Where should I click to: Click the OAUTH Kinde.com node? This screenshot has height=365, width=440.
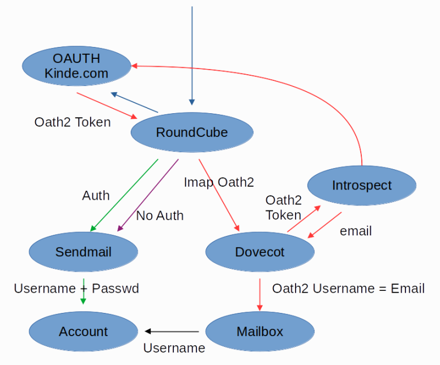(76, 66)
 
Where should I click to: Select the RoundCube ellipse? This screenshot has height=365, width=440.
(191, 132)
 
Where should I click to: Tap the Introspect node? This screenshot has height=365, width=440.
(362, 185)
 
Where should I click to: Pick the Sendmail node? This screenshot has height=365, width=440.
(83, 252)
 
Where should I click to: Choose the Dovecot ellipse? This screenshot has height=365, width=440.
(260, 252)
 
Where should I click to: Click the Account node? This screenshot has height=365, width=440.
(83, 332)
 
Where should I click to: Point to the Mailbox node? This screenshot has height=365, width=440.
(260, 332)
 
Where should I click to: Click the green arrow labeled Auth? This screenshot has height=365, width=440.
(125, 195)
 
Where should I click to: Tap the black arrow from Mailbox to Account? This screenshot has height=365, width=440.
(172, 332)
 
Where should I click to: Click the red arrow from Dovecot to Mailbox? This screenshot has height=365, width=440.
(260, 293)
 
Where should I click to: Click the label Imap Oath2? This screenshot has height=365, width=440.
(219, 182)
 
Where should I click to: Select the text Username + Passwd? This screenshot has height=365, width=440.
(76, 289)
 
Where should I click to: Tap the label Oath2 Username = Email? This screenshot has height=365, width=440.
(348, 289)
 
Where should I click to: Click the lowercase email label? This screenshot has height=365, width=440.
(356, 231)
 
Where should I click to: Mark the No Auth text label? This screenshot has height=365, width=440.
(160, 216)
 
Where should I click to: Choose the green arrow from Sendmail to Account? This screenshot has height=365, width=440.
(83, 291)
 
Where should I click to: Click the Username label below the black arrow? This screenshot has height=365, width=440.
(174, 348)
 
